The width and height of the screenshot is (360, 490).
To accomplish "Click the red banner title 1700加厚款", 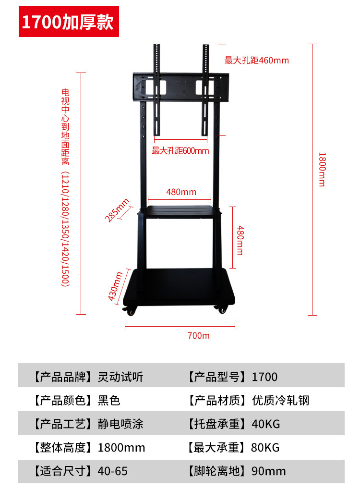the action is pos(67,22).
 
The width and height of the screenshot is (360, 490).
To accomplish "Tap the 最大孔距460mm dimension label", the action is pos(256,60).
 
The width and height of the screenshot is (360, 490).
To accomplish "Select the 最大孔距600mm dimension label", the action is pos(180,150).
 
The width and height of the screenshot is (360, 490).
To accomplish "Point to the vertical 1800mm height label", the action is pos(322,170).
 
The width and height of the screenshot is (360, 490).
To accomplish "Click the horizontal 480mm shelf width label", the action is pos(181,192).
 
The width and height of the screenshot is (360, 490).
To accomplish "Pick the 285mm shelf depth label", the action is pos(117,210).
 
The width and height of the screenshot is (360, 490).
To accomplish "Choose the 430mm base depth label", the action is pos(115,286).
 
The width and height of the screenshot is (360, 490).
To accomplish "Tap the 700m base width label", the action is pos(198,336).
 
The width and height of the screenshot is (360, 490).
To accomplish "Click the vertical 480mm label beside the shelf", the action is pos(240,240).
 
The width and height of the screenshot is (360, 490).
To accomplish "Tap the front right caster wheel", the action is pos(222,310).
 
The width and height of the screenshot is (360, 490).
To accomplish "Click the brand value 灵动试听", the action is pos(120,377).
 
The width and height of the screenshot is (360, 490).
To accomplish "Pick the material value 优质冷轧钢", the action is pos(281,400).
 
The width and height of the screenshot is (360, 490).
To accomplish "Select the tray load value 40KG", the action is pos(265,424).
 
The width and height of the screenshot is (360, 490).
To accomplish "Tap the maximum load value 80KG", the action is pos(265,448).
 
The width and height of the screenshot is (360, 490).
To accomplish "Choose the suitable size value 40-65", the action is pos(113,471).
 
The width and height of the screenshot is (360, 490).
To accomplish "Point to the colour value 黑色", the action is pos(109,400).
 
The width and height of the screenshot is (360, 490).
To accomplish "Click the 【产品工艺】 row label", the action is pos(62,424).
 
